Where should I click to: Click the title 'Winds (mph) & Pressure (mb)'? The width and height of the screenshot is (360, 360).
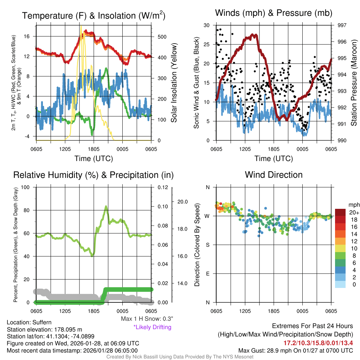274,13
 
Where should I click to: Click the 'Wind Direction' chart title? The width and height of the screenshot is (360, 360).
274,175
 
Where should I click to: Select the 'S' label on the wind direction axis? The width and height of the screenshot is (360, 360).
207,245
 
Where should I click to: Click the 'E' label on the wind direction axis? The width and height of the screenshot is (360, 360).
207,274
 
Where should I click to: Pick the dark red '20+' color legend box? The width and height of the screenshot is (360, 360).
340,212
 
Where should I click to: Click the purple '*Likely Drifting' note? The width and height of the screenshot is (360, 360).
152,327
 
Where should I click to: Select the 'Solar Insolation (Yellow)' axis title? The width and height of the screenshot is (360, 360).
174,83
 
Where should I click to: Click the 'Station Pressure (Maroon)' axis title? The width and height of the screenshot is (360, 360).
354,83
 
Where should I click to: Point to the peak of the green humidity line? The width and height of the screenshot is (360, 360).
106,207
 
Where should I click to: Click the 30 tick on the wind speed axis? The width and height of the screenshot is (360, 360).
207,25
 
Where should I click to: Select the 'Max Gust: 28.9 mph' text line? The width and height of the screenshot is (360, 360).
295,350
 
